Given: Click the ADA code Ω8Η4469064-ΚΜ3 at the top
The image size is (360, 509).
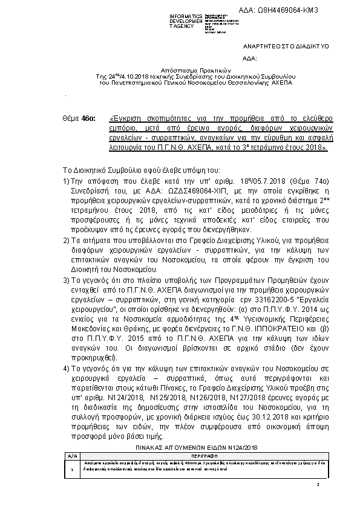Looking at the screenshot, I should (x=287, y=11).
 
